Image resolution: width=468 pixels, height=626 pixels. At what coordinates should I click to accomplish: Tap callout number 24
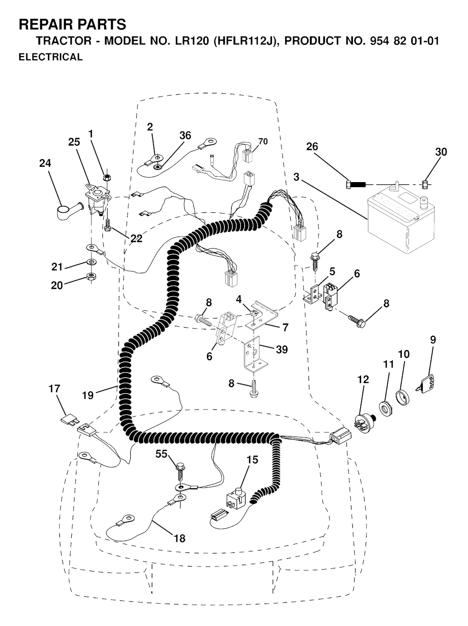(45, 163)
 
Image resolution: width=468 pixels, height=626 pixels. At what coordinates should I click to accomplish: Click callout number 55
(161, 454)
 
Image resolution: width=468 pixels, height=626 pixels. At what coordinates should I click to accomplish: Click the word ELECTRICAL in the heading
(50, 57)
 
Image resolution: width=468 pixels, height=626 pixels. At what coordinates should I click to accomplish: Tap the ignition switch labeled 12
(366, 424)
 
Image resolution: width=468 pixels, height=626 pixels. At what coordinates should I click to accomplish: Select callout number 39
(282, 350)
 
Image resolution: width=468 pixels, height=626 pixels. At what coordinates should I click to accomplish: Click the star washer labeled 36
(156, 167)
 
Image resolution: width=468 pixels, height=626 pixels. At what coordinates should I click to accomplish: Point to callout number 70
(263, 141)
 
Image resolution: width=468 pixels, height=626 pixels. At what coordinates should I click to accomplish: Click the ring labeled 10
(402, 397)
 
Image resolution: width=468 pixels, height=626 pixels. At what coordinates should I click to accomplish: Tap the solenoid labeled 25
(96, 201)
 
